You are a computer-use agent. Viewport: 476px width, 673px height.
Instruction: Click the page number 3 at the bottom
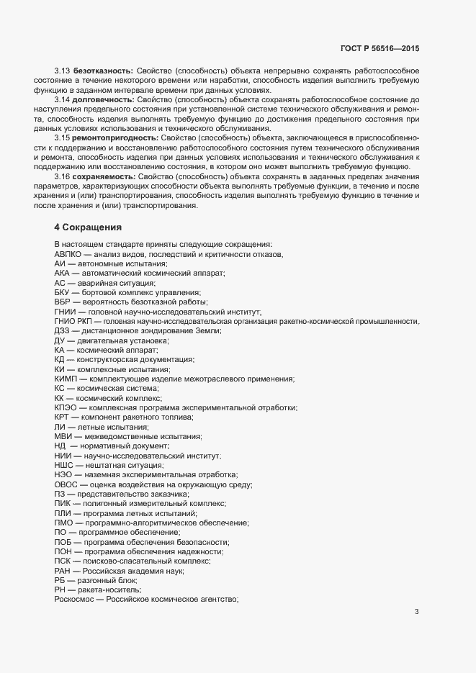point(416,613)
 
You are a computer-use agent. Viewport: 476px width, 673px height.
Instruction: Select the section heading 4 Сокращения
point(87,227)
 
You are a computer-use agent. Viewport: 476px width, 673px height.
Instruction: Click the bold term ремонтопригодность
point(112,137)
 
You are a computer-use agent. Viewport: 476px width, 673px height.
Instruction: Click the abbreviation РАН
point(63,571)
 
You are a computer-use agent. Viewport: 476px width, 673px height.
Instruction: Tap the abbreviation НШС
point(63,466)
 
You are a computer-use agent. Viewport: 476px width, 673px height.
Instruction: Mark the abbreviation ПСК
point(63,561)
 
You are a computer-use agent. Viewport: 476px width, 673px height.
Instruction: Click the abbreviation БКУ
point(63,292)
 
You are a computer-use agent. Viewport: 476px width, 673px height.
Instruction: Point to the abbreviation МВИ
point(63,437)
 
